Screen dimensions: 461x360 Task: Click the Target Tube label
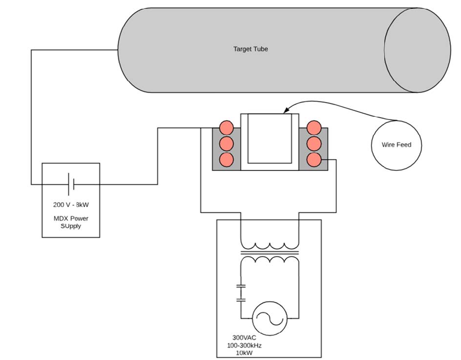click(251, 49)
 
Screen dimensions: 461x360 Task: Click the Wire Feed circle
click(396, 145)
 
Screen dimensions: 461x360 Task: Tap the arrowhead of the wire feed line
click(286, 110)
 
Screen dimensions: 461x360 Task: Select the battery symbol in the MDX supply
click(71, 185)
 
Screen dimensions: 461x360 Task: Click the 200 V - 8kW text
click(71, 205)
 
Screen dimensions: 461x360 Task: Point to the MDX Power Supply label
click(71, 222)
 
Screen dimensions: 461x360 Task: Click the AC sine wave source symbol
click(270, 318)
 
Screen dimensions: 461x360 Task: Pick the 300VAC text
click(244, 338)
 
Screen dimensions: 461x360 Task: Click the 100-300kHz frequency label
click(244, 345)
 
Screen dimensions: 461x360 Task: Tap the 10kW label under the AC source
click(244, 353)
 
